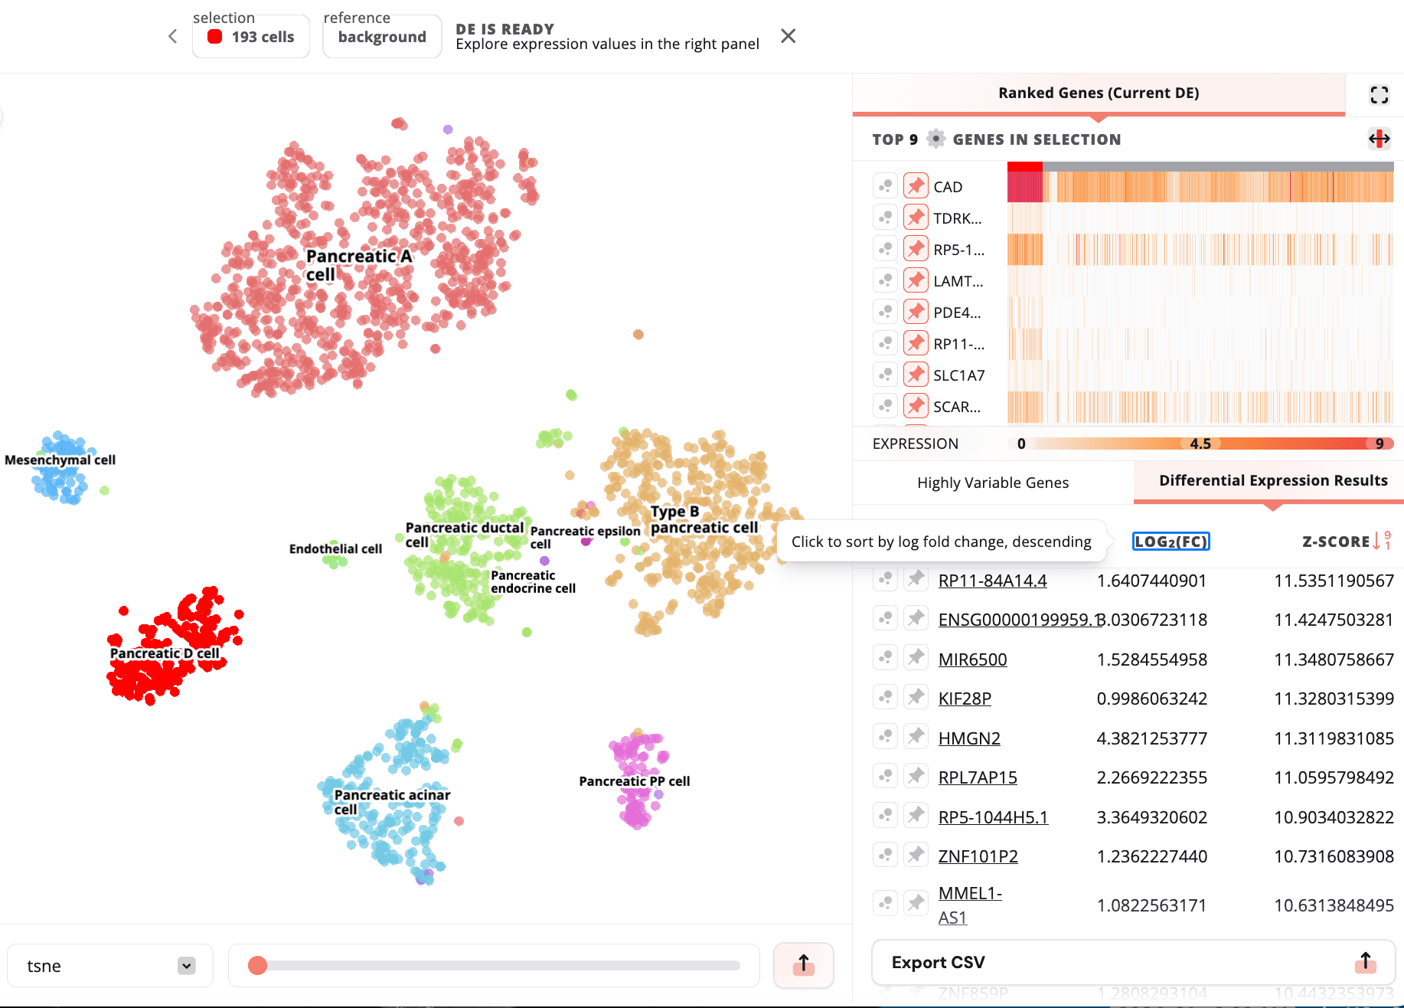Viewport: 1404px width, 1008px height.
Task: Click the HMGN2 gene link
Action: tap(969, 738)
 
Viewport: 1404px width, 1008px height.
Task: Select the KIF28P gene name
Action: tap(965, 699)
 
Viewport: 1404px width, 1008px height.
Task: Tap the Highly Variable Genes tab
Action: tap(993, 483)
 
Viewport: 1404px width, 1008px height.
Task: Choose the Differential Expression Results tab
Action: tap(1273, 481)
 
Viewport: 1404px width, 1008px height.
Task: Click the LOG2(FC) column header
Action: tap(1171, 542)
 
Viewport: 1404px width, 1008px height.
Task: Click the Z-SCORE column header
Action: tap(1336, 542)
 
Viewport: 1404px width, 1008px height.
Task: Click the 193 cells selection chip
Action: tap(251, 37)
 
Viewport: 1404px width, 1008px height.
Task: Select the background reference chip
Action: tap(382, 37)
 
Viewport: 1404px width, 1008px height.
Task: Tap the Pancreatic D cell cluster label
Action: tap(165, 653)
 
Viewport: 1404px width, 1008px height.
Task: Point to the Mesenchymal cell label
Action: tap(60, 460)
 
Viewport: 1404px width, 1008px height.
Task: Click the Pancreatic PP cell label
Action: tap(634, 781)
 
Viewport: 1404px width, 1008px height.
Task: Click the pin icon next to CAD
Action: tap(916, 186)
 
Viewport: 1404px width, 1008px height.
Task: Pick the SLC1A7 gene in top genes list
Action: tap(958, 375)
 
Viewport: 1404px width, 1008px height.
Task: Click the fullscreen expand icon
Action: tap(1379, 94)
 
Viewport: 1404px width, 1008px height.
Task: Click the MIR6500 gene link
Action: tap(972, 659)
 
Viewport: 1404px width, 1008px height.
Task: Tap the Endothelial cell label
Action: tap(335, 549)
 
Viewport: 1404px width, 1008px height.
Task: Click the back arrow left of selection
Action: tap(173, 36)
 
